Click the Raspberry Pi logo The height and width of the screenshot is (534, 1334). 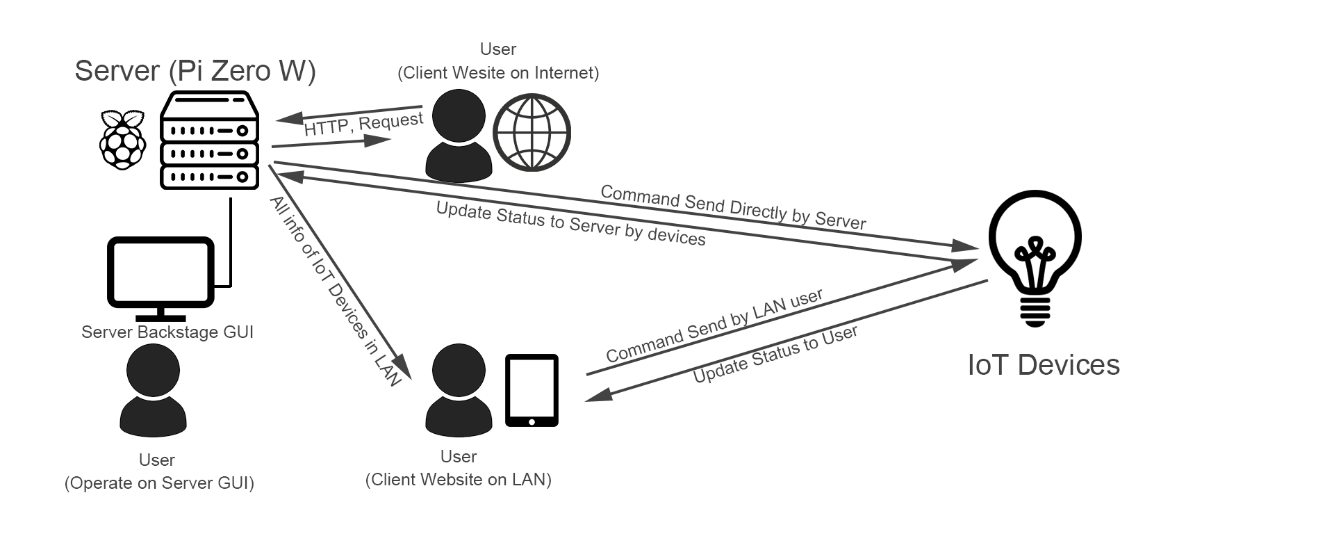point(123,140)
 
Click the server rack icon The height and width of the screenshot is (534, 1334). point(209,141)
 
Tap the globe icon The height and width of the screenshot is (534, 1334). point(532,133)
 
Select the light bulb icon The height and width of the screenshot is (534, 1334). point(1035,257)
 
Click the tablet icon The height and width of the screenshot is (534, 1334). point(532,390)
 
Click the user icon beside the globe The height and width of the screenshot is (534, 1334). point(459,137)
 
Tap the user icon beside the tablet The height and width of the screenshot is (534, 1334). point(459,390)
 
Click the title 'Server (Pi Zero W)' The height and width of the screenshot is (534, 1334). point(195,71)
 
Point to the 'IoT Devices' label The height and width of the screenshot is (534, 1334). point(1044,365)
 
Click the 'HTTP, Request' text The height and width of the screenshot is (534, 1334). point(363,124)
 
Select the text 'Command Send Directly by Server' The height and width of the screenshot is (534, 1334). point(733,207)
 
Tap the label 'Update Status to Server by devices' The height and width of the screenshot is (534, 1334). point(570,224)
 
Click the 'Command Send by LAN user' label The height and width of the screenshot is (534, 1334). point(714,325)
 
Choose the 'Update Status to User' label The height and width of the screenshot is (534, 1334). point(775,354)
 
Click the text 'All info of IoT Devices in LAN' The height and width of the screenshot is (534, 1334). point(336,291)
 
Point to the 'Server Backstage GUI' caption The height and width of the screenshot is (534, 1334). point(167,332)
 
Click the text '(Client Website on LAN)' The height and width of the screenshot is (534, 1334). point(459,480)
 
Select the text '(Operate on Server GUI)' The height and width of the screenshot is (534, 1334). point(159,483)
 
